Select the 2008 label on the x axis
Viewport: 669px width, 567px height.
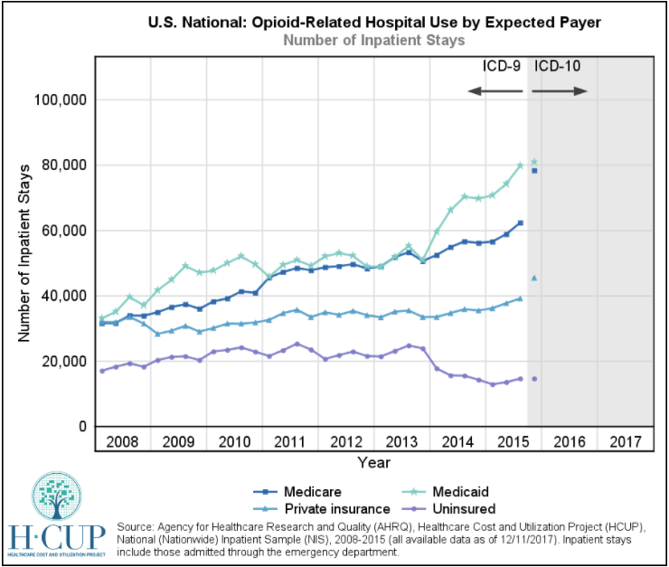[121, 441]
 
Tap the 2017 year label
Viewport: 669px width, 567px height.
[626, 441]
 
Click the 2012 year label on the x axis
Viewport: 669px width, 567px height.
[345, 441]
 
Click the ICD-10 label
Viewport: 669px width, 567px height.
[558, 66]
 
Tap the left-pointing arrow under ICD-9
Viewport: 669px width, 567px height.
[496, 90]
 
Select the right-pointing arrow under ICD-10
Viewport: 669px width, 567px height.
[561, 90]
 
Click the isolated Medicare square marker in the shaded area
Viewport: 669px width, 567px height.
[534, 170]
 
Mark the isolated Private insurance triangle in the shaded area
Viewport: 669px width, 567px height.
[534, 278]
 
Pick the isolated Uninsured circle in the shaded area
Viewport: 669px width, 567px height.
[534, 379]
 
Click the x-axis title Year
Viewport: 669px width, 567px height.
[373, 463]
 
